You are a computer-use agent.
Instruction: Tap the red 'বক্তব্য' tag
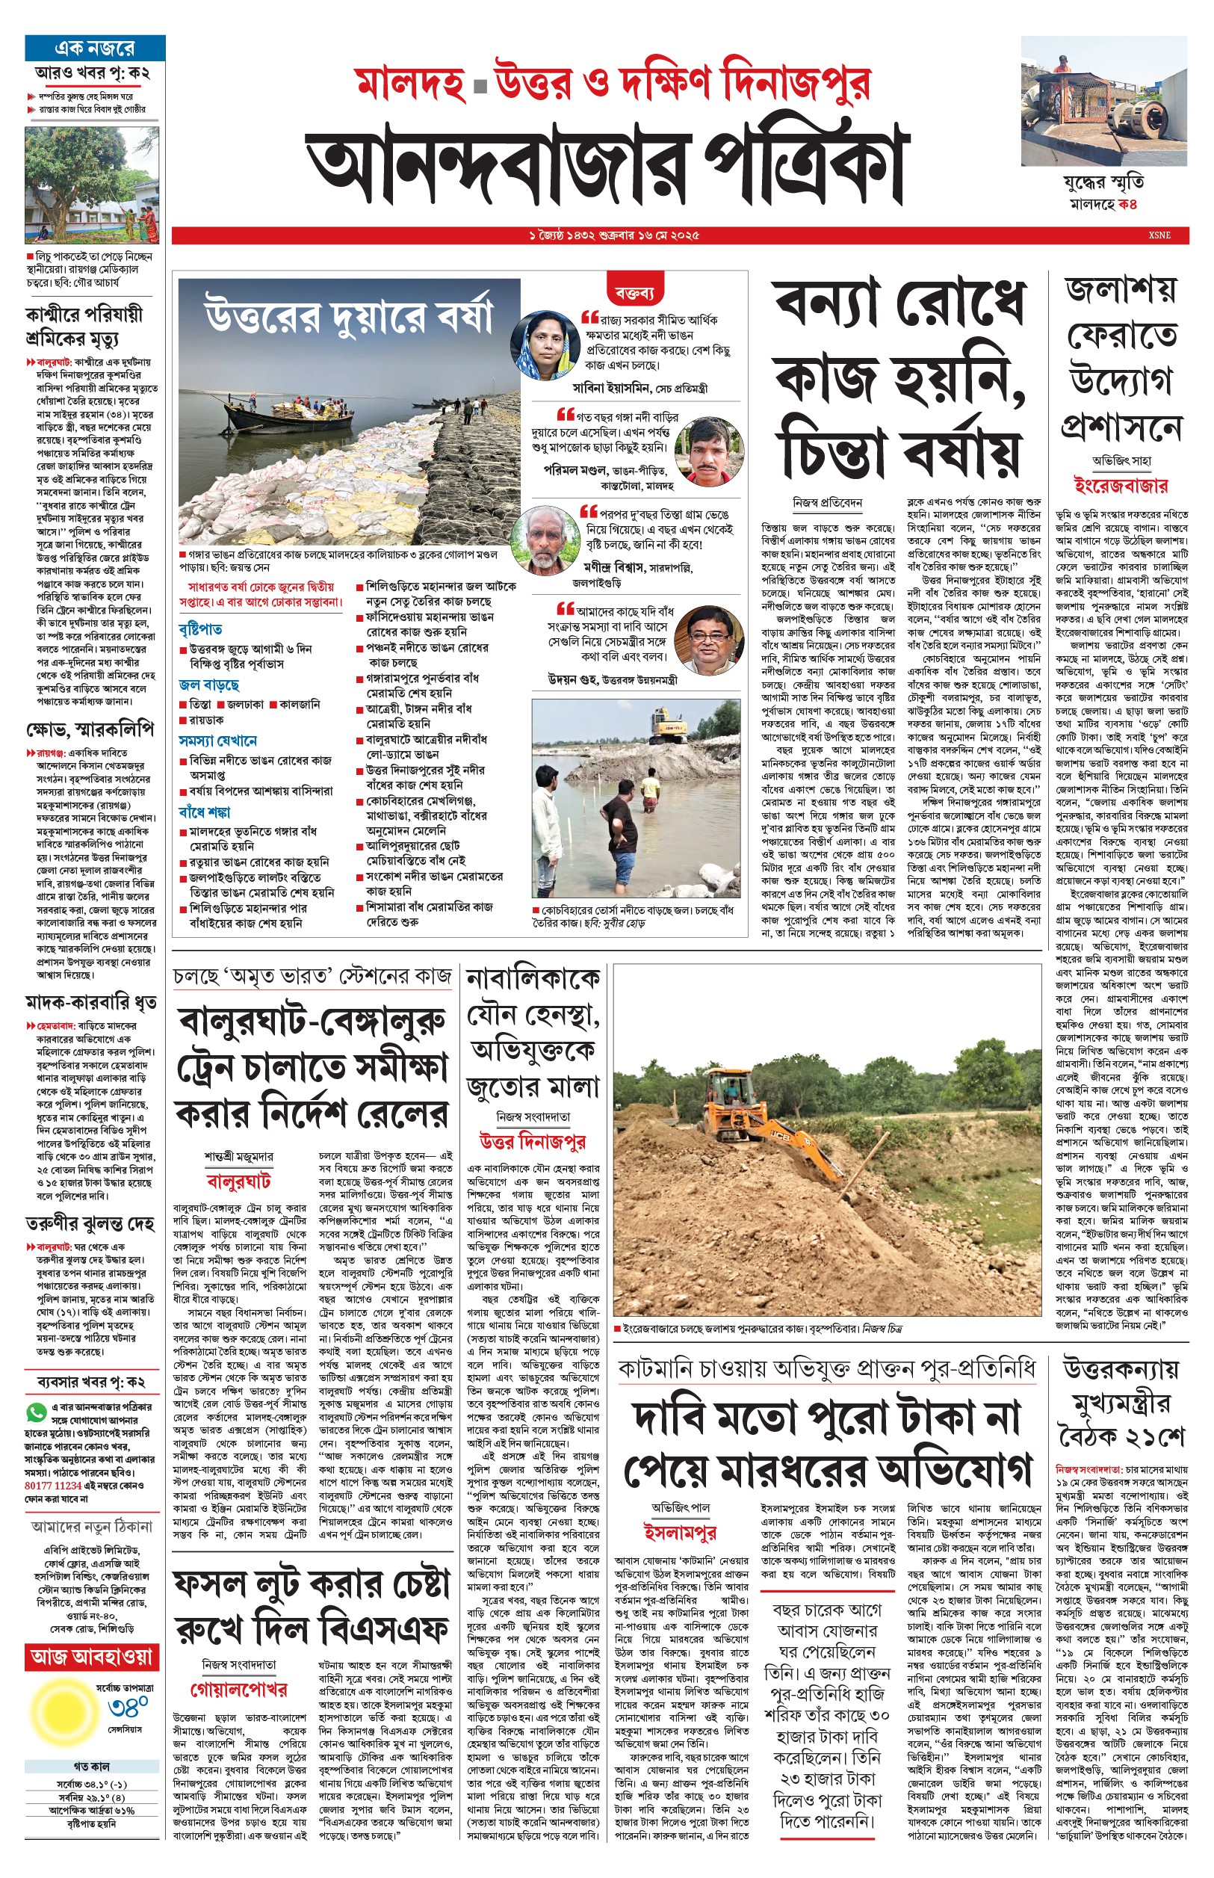[634, 293]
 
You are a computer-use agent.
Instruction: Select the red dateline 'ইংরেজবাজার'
[1120, 485]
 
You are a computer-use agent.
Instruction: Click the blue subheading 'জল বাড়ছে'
[209, 685]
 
